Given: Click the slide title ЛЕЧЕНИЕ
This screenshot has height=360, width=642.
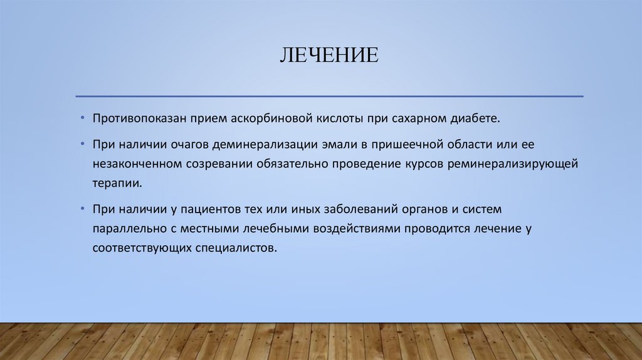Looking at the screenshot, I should coord(329,55).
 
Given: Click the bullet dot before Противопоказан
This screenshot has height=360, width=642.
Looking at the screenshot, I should coord(82,118).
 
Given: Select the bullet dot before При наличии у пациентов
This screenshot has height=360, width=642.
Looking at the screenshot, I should coord(82,208).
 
